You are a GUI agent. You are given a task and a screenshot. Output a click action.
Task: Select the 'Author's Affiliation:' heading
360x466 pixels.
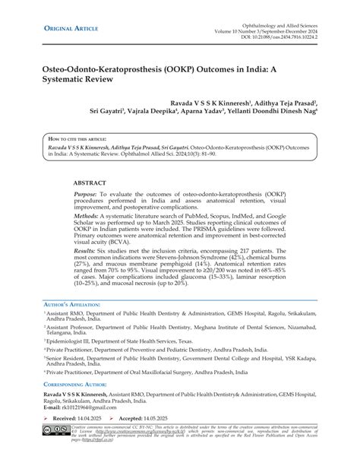[71, 305]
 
